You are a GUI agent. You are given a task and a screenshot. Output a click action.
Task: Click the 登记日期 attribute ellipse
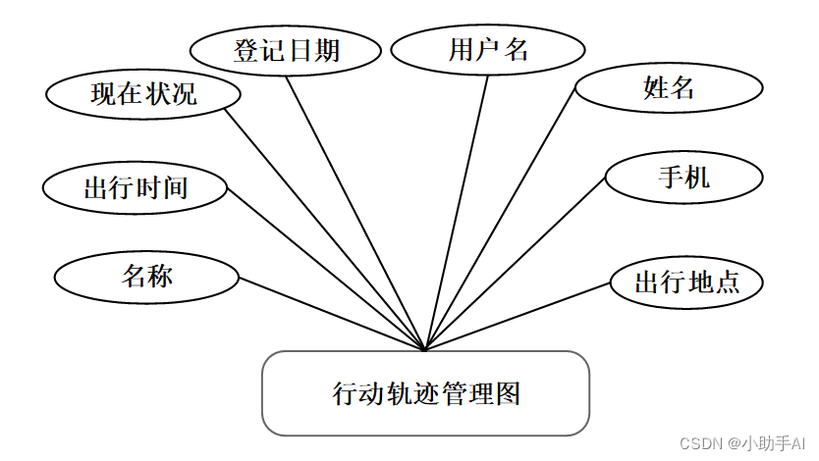coord(286,50)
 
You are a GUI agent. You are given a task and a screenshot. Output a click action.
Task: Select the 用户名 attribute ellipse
coord(488,50)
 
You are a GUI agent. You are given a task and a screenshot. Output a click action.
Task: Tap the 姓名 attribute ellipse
coord(669,88)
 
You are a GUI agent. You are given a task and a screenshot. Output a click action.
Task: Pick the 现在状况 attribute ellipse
coord(143,94)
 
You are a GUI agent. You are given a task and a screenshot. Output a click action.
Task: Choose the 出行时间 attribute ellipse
coord(136,187)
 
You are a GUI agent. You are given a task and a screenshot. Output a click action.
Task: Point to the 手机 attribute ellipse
coord(684,178)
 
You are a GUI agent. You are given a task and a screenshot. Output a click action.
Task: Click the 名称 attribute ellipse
coord(147,277)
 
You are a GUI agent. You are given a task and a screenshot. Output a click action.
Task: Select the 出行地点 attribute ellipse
coord(686,283)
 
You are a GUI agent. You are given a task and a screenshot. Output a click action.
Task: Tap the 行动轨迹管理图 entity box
coord(425,393)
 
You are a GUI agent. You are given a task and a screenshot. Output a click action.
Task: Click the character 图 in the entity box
coord(508,394)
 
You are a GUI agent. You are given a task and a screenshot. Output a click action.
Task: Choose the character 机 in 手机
coord(698,178)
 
